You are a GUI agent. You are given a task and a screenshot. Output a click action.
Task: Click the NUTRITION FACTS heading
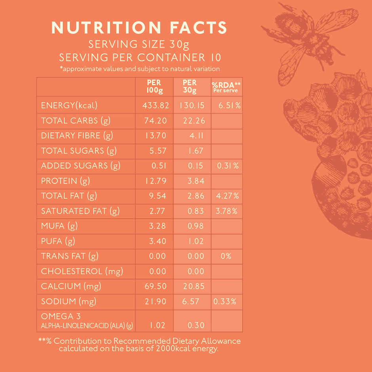pyautogui.click(x=139, y=27)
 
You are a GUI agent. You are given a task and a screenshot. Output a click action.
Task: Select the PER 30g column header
pyautogui.click(x=190, y=86)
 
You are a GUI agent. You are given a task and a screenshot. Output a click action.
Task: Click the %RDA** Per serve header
pyautogui.click(x=226, y=87)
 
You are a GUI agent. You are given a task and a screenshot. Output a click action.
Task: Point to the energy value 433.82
pyautogui.click(x=156, y=106)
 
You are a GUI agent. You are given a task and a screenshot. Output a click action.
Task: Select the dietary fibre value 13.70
pyautogui.click(x=156, y=135)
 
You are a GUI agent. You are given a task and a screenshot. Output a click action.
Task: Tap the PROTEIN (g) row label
pyautogui.click(x=65, y=181)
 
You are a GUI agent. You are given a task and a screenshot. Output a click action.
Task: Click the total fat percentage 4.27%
pyautogui.click(x=227, y=196)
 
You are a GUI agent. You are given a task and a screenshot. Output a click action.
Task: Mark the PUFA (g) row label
pyautogui.click(x=58, y=241)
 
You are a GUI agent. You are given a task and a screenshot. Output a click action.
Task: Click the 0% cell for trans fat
pyautogui.click(x=226, y=256)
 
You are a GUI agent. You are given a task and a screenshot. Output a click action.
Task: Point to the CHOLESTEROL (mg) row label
pyautogui.click(x=82, y=271)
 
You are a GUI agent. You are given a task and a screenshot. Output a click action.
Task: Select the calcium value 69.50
pyautogui.click(x=155, y=286)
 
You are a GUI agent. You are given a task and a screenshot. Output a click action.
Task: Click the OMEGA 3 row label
pyautogui.click(x=57, y=316)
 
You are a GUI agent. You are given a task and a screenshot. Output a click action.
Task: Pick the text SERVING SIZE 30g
pyautogui.click(x=139, y=44)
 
